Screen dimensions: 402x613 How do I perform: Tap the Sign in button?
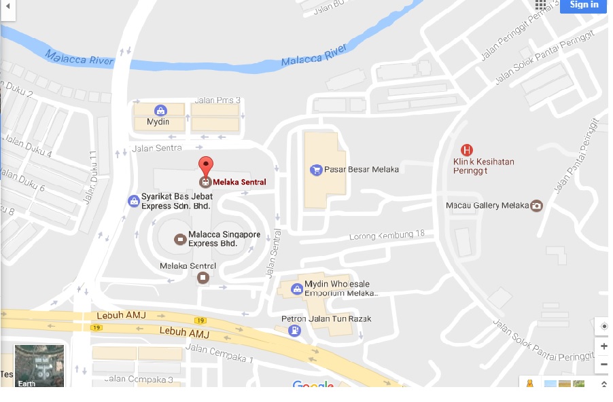coord(584,5)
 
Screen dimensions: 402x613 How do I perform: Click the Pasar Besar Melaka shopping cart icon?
coord(315,170)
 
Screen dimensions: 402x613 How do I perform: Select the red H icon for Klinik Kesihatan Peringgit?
coord(466,150)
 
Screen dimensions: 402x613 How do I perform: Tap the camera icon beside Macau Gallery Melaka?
coord(536,206)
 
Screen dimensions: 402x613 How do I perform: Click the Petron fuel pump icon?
coord(294,331)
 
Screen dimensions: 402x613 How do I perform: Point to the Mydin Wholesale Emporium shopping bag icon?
coord(296,289)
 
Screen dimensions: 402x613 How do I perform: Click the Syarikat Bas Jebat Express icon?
coord(134,201)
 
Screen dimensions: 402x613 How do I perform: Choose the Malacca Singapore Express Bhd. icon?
coord(179,239)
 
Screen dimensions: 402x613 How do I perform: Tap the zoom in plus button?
coord(603,346)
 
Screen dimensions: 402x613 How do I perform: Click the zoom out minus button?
coord(603,365)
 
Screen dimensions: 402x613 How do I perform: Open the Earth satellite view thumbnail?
coord(39,365)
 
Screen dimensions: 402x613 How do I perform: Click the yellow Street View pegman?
coord(530,384)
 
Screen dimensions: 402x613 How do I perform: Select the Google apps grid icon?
coord(540,5)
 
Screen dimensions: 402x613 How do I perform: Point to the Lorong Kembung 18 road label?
coord(387,235)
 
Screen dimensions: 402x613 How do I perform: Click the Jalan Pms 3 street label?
coord(217,100)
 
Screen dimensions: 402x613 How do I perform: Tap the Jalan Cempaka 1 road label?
coord(219,352)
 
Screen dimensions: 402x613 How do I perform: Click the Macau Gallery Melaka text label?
coord(487,206)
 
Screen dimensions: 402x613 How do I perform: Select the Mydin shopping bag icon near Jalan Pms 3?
coord(160,110)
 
